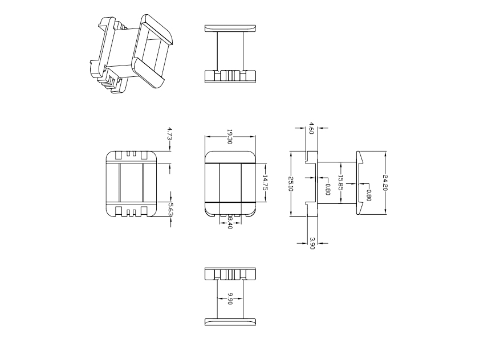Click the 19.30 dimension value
point(230,137)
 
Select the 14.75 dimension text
point(265,183)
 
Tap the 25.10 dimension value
point(291,184)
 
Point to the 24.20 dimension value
point(385,183)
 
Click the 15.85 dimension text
point(340,183)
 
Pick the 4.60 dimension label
point(311,128)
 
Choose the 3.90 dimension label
point(312,243)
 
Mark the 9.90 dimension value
point(230,298)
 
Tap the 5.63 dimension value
point(170,210)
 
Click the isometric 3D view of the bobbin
point(132,54)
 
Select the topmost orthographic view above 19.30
point(230,54)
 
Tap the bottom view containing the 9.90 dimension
point(230,296)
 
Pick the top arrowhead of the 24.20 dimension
point(385,153)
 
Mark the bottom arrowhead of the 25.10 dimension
point(291,214)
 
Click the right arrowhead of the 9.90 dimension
point(241,298)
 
